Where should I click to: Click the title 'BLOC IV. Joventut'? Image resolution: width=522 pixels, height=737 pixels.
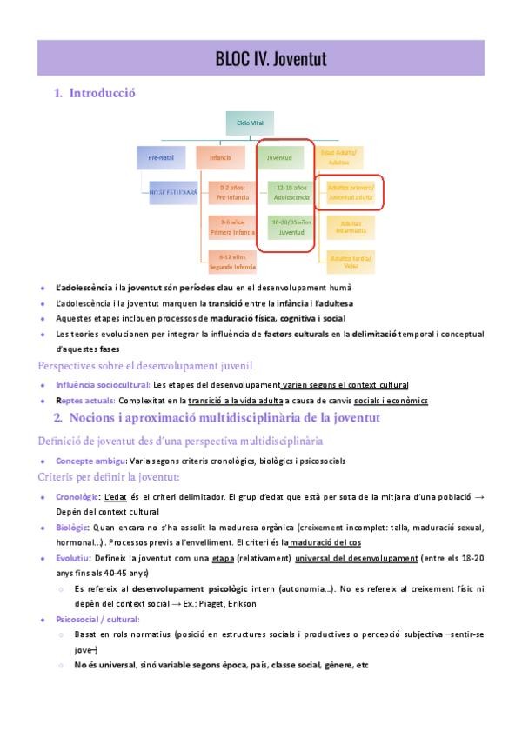point(271,59)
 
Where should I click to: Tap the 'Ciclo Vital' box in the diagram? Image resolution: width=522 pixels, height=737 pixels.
point(250,123)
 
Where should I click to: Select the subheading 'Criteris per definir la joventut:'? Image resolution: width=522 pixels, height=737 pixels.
point(109,477)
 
